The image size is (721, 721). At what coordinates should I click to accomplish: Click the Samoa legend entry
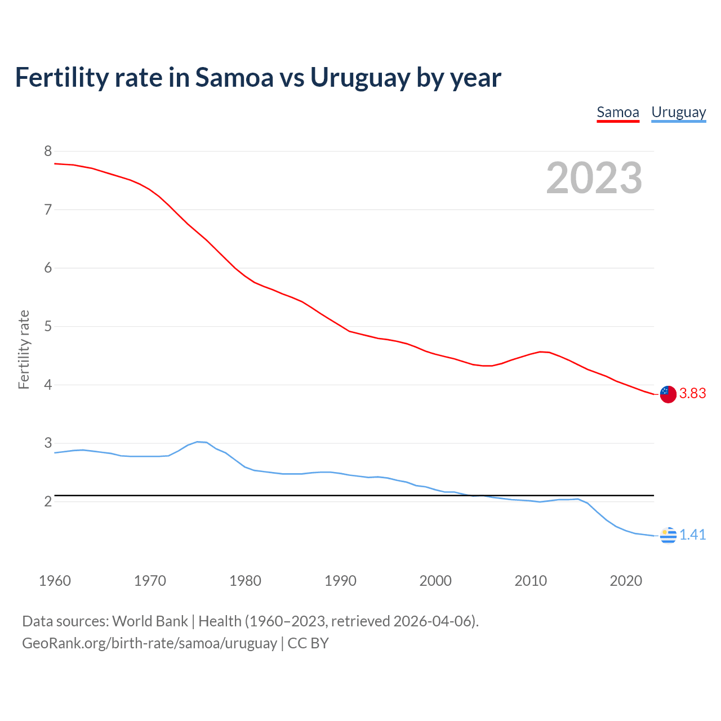618,112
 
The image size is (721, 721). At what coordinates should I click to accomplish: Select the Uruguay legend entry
678,112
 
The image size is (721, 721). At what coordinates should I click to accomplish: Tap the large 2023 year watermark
594,178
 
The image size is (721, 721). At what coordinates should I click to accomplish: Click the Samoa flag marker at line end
668,394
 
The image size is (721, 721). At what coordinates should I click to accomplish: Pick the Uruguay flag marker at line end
668,536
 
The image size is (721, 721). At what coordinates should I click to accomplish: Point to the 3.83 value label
692,393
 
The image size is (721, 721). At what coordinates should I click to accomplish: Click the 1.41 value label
692,535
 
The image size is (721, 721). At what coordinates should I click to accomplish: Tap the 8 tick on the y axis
48,151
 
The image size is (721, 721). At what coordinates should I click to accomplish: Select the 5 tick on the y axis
48,326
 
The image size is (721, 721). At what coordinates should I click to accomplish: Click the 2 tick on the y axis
48,501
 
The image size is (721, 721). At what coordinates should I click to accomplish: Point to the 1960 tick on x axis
55,581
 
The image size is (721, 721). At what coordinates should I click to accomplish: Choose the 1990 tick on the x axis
340,581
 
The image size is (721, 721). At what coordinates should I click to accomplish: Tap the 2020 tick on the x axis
626,581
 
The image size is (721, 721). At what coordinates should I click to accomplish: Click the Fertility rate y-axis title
24,349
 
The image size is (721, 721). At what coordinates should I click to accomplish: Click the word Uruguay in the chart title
360,78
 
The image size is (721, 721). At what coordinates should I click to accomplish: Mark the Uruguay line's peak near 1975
198,442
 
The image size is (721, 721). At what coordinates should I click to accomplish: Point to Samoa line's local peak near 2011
541,351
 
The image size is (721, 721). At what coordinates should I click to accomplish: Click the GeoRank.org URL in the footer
149,643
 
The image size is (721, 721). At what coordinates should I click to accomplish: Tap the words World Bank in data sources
150,621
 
